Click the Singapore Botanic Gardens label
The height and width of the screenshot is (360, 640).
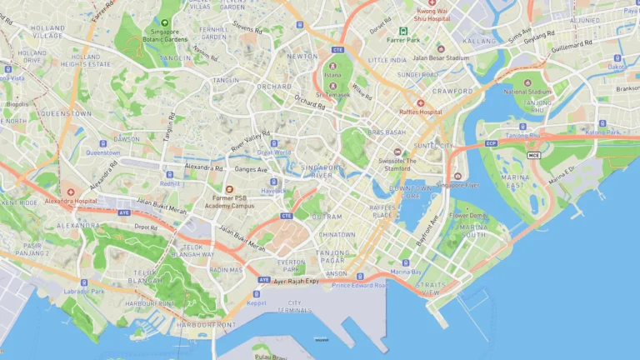[164, 35]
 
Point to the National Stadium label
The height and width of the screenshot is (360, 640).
[527, 91]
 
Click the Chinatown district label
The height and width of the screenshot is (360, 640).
[336, 235]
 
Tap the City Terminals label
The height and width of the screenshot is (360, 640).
[294, 306]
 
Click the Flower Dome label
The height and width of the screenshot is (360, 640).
[467, 215]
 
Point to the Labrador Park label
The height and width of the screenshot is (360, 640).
[84, 292]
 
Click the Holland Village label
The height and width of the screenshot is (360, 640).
[47, 32]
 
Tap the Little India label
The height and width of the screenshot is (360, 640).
[387, 60]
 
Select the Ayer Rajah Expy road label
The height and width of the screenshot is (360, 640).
[297, 282]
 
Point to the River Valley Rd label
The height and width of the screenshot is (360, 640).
[250, 141]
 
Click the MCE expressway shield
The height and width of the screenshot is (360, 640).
[533, 155]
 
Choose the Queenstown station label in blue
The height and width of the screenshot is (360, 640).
[102, 152]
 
